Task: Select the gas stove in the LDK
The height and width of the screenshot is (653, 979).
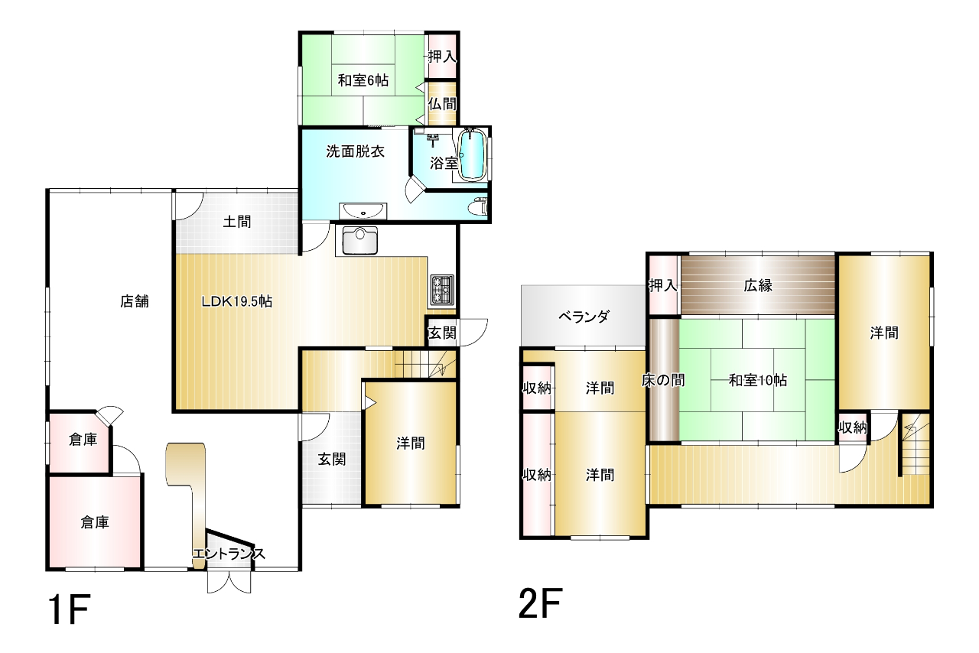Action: click(442, 289)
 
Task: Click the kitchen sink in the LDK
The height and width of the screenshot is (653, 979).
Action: click(360, 240)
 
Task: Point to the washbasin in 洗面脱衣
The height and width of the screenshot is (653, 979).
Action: click(363, 211)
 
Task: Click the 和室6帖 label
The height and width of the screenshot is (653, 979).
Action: click(363, 80)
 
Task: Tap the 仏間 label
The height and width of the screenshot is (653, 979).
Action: click(442, 104)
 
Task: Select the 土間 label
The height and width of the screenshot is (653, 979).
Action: click(237, 222)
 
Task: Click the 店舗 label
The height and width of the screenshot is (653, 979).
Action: click(135, 301)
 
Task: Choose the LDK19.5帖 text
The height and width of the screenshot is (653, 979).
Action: click(237, 301)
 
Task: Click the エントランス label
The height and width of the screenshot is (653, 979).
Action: click(229, 554)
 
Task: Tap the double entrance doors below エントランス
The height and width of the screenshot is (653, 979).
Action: click(229, 582)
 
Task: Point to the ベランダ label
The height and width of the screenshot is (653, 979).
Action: click(584, 317)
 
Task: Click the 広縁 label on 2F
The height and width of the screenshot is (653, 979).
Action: click(758, 285)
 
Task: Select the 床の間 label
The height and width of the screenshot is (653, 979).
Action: click(663, 380)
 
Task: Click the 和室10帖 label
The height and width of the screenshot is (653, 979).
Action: click(758, 380)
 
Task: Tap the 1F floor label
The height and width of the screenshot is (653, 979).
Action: click(69, 609)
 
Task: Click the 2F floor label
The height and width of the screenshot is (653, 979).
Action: click(540, 603)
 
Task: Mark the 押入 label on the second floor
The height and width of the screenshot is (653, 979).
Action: click(663, 285)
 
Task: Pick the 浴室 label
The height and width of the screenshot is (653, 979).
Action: click(444, 164)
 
